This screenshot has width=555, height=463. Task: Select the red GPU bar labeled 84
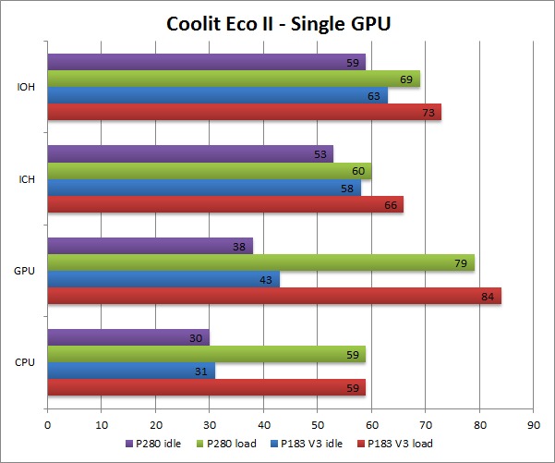coord(273,297)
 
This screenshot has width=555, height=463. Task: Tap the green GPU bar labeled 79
coord(260,262)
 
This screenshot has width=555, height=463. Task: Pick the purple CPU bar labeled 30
coord(127,337)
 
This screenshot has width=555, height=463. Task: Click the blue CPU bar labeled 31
coord(130,371)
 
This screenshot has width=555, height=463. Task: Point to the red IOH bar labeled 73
coord(244,112)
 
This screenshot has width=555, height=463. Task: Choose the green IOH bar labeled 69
coord(233,79)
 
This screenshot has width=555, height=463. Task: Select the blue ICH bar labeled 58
coord(203,188)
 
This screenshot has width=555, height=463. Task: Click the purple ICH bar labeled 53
coord(189,153)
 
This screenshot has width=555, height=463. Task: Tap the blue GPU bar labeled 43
coord(163,279)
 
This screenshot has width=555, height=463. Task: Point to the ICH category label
coord(27,179)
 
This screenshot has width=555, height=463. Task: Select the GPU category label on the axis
coord(26,271)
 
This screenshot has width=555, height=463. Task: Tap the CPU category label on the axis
coord(26,362)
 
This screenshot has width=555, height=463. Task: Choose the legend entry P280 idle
coord(156,444)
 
